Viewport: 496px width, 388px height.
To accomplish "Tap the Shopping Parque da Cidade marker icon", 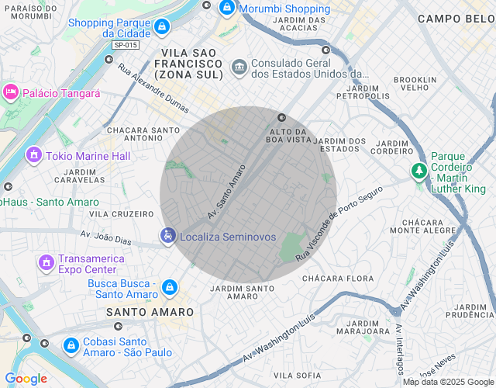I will (160, 28).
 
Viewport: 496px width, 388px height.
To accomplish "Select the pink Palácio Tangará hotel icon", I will (11, 92).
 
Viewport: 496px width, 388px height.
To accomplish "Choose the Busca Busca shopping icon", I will (170, 289).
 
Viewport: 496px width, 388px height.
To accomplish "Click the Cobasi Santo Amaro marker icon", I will (71, 345).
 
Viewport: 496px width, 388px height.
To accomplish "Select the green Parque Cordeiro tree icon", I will (419, 169).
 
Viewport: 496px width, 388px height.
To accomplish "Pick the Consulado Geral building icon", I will (239, 68).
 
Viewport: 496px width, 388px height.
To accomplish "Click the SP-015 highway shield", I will (125, 45).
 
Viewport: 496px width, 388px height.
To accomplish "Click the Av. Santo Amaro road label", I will (226, 190).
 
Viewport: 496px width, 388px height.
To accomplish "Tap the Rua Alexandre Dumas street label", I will (154, 88).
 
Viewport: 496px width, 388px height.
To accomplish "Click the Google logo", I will (26, 379).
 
